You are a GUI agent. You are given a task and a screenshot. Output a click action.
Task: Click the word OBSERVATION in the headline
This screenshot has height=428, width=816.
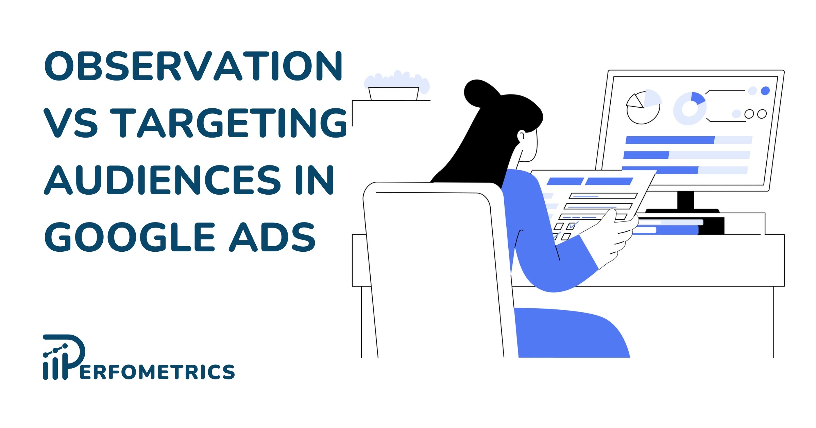coord(193,66)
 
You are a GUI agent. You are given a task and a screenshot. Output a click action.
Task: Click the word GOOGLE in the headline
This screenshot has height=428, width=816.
coord(130,237)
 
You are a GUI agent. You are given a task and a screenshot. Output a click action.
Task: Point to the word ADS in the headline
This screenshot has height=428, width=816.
coord(272,237)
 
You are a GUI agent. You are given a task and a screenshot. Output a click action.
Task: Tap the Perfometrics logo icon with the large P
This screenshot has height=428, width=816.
coord(64,357)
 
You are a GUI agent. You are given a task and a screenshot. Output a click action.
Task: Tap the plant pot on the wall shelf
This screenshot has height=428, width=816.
coord(393,93)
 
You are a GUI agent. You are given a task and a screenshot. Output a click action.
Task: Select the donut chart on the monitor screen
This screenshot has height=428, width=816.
coord(690,109)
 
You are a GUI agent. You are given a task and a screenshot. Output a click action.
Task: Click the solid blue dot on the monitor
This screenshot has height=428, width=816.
coord(765,91)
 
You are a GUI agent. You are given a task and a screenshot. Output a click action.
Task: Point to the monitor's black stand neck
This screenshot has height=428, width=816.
coord(685,200)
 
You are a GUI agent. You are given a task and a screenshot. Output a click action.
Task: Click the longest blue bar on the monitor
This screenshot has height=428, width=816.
coord(670,140)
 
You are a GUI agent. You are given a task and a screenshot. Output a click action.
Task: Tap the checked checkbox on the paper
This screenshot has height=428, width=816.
coord(572,226)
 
